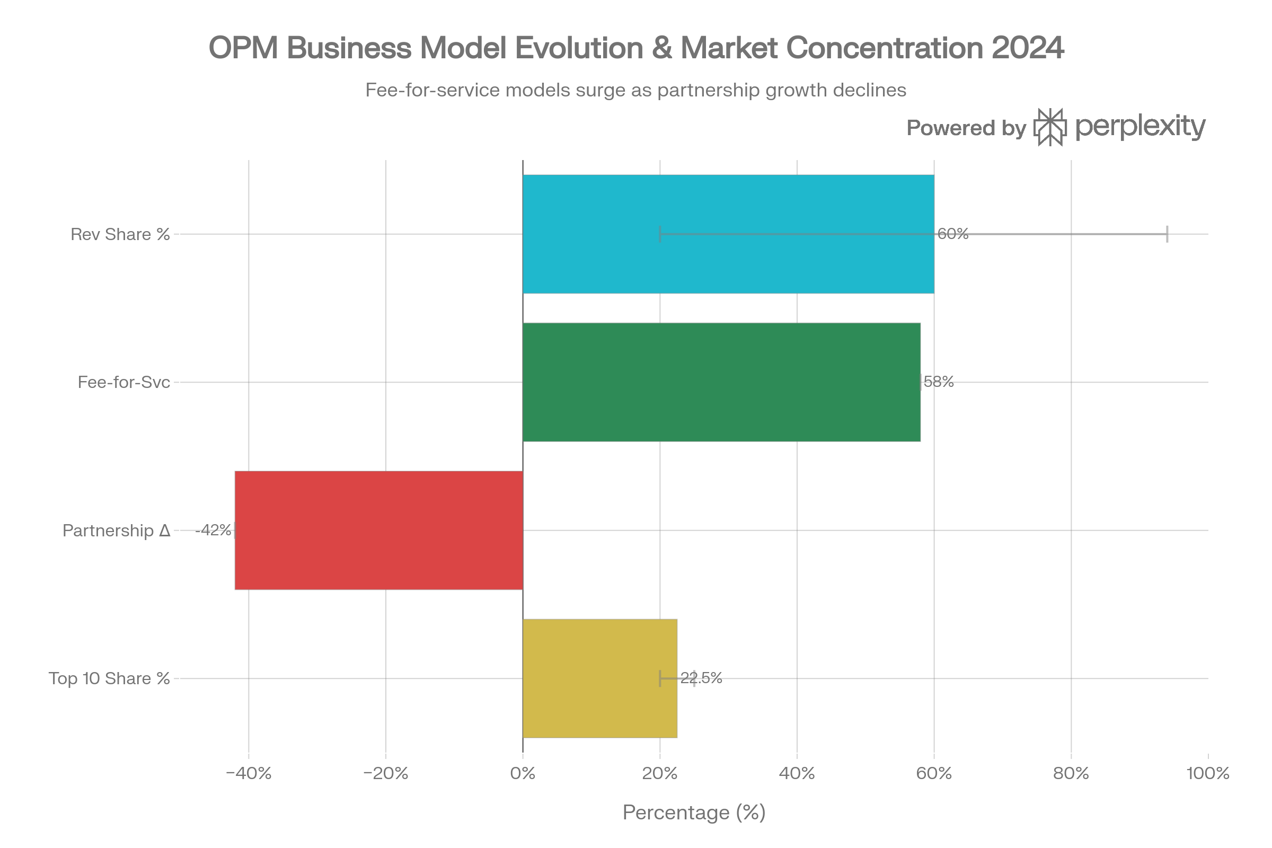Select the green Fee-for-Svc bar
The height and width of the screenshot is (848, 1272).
pyautogui.click(x=721, y=382)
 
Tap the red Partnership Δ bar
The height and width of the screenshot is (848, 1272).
pyautogui.click(x=378, y=530)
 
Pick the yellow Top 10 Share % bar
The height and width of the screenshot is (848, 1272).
pyautogui.click(x=600, y=678)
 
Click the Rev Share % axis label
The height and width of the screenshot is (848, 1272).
pyautogui.click(x=120, y=234)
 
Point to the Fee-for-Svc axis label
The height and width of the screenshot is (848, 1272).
pyautogui.click(x=124, y=382)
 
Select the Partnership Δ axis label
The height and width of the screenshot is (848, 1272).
pyautogui.click(x=116, y=531)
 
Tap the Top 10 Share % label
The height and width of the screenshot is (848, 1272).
pyautogui.click(x=109, y=678)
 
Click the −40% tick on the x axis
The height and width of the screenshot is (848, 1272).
pyautogui.click(x=248, y=773)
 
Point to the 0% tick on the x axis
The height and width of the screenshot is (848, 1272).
pyautogui.click(x=523, y=773)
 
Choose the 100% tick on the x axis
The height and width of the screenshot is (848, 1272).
pyautogui.click(x=1208, y=773)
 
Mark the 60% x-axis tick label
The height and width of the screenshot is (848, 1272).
pyautogui.click(x=934, y=773)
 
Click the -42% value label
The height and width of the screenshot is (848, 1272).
pyautogui.click(x=214, y=531)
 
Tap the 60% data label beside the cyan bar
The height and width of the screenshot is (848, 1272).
pyautogui.click(x=953, y=234)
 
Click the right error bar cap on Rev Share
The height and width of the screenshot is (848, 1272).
pyautogui.click(x=1168, y=234)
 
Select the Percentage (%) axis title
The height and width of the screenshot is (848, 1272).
pyautogui.click(x=694, y=812)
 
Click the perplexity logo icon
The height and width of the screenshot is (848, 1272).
pyautogui.click(x=1050, y=128)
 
